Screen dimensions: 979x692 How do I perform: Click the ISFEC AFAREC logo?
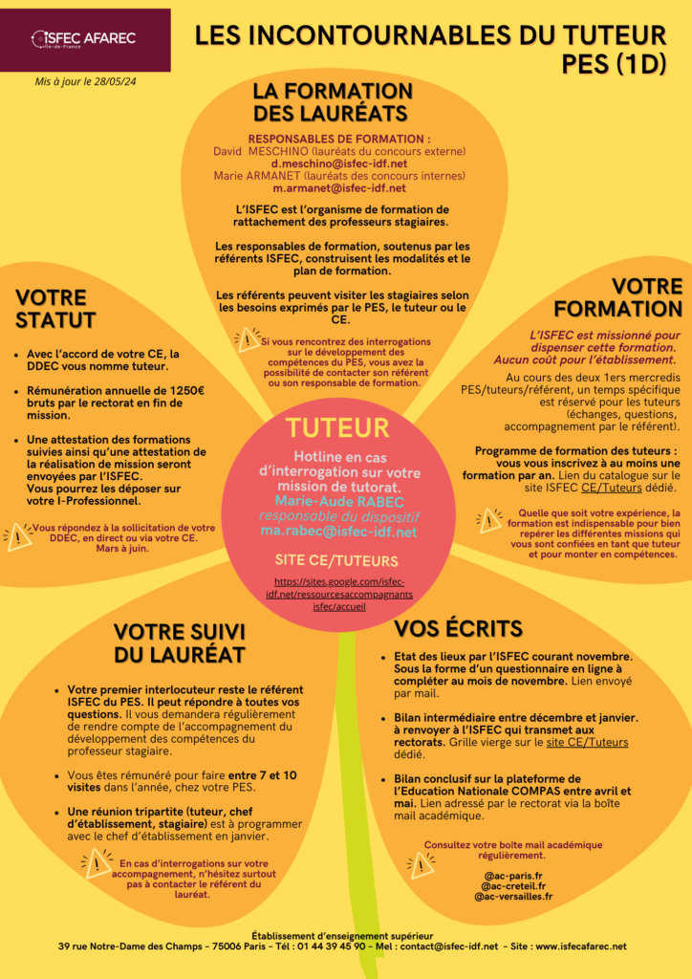[x=84, y=39]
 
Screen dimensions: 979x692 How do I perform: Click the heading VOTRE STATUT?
[x=55, y=309]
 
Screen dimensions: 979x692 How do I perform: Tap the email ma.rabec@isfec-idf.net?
[x=338, y=531]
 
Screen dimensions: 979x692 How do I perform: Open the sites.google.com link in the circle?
[x=338, y=594]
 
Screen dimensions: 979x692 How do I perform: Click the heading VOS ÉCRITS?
[x=459, y=628]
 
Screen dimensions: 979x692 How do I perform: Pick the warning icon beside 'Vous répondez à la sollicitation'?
[x=18, y=535]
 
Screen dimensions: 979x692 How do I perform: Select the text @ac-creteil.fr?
[x=513, y=886]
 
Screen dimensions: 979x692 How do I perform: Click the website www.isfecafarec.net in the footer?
[x=581, y=946]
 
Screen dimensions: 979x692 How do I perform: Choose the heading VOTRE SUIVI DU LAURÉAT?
[x=179, y=642]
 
